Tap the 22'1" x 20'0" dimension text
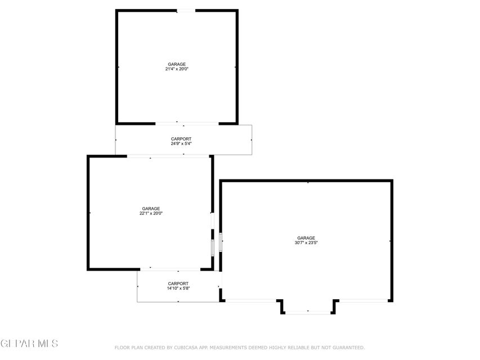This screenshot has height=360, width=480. click(151, 213)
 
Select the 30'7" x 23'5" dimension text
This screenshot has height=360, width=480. click(306, 242)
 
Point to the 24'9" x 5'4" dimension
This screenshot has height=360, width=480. click(181, 143)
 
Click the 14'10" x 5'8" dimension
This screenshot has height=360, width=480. click(178, 288)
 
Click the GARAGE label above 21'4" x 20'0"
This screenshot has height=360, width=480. click(177, 64)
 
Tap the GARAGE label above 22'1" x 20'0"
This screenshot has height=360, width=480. click(151, 208)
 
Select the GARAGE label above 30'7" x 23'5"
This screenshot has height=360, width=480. click(306, 237)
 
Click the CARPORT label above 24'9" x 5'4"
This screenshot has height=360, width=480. click(181, 138)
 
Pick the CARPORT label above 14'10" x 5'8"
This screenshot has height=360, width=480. click(178, 283)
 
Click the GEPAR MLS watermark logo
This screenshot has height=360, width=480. click(29, 343)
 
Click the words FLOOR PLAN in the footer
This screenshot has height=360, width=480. click(127, 348)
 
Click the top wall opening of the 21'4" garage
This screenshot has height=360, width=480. click(186, 10)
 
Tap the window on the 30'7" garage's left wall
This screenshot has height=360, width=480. click(221, 241)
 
